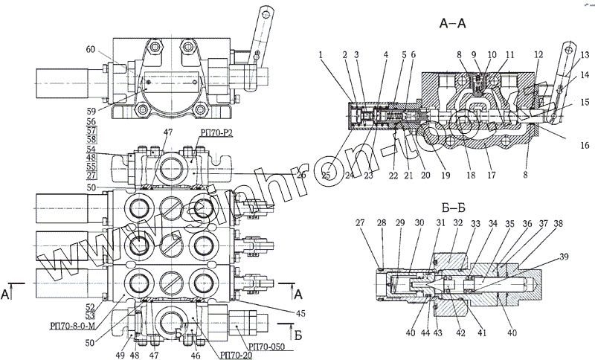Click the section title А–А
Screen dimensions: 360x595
tap(452, 25)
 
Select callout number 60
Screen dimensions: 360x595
tap(90, 50)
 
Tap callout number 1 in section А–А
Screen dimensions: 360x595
tap(320, 54)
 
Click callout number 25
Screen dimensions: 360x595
tap(327, 176)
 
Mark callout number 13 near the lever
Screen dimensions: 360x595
tap(584, 54)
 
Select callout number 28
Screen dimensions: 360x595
tap(382, 224)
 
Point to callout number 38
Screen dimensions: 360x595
tap(558, 224)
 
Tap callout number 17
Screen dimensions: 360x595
tap(492, 176)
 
